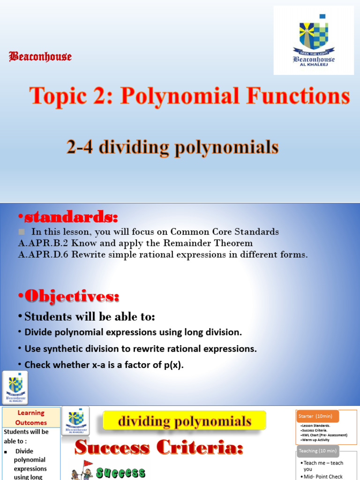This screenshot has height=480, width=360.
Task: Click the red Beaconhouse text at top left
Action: click(x=40, y=57)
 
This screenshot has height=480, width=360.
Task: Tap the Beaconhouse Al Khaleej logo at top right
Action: click(x=314, y=40)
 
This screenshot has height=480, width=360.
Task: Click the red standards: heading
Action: click(x=68, y=217)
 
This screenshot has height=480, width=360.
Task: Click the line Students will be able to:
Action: click(x=90, y=317)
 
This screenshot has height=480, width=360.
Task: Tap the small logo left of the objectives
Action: click(x=15, y=388)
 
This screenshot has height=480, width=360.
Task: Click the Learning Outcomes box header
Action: click(x=31, y=417)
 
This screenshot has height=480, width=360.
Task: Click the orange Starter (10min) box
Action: click(x=317, y=416)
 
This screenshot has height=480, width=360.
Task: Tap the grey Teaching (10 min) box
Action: click(x=318, y=451)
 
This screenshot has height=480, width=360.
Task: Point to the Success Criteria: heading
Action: click(x=159, y=448)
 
